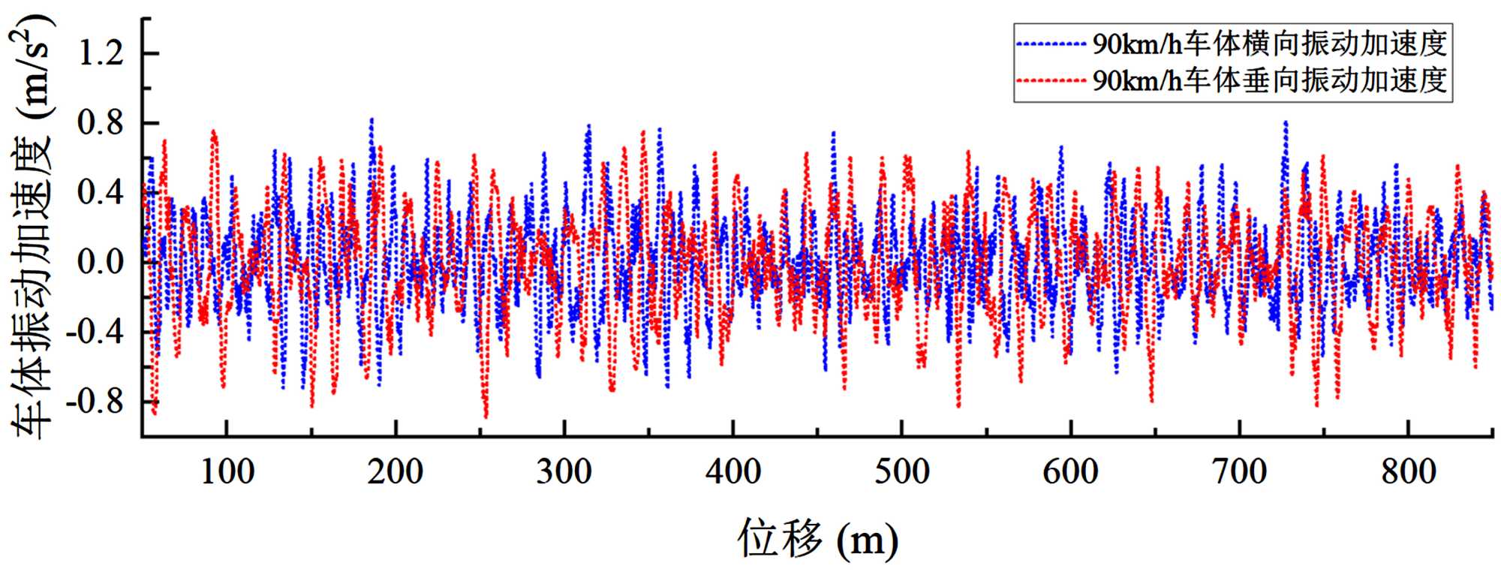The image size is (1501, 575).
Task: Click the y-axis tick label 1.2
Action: tap(101, 53)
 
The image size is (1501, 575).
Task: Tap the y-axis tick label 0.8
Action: tap(101, 123)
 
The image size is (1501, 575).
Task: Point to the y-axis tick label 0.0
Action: tap(101, 263)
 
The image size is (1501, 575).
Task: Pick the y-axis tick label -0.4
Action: tap(95, 332)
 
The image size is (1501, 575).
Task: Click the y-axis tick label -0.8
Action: tap(95, 402)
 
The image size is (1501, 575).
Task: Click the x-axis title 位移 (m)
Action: tap(817, 538)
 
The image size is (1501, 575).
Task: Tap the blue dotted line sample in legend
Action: tap(1051, 44)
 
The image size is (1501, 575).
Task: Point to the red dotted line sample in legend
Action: tap(1051, 80)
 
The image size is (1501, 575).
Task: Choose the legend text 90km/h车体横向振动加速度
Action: tap(1269, 44)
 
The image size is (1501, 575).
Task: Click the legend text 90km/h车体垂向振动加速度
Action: tap(1269, 80)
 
